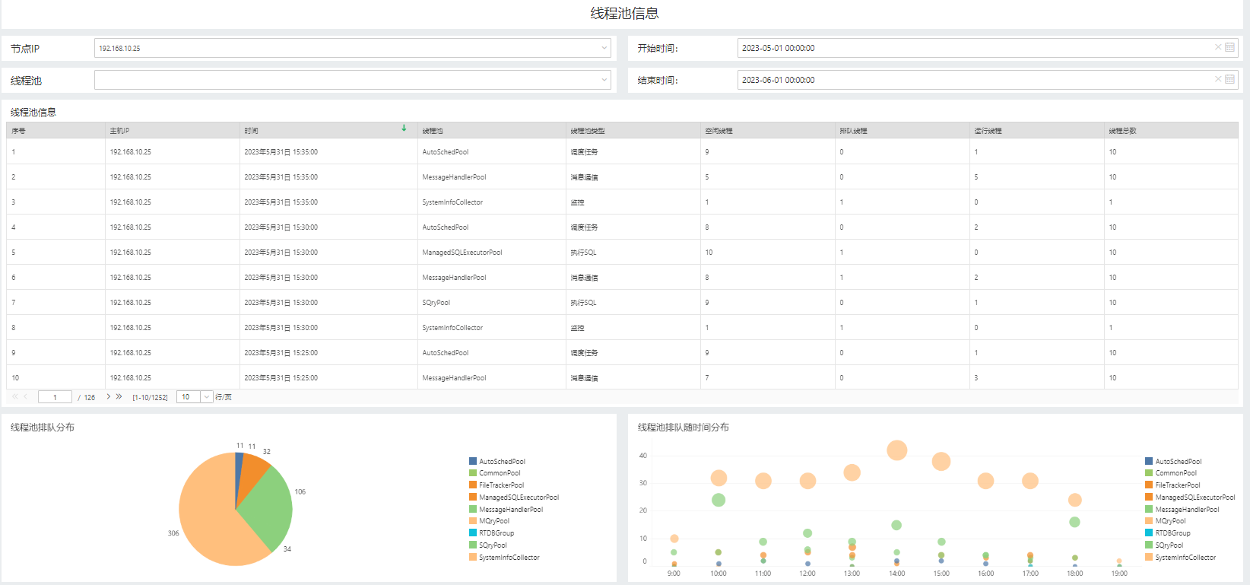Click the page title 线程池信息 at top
(624, 13)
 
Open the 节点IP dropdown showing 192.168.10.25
(352, 48)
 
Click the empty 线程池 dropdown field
(352, 80)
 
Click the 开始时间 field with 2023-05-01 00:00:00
(973, 48)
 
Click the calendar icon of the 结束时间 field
(1229, 79)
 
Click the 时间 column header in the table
(252, 131)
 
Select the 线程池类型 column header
(588, 131)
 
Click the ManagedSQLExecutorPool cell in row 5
(462, 253)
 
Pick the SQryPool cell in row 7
(436, 303)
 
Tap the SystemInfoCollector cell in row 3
(452, 202)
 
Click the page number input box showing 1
(55, 397)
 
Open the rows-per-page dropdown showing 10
(195, 397)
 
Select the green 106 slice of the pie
(268, 506)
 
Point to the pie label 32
(267, 451)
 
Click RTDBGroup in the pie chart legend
(497, 533)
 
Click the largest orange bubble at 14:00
(896, 450)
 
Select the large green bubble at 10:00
(719, 500)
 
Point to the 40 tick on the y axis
(643, 456)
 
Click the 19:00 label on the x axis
(1119, 574)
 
